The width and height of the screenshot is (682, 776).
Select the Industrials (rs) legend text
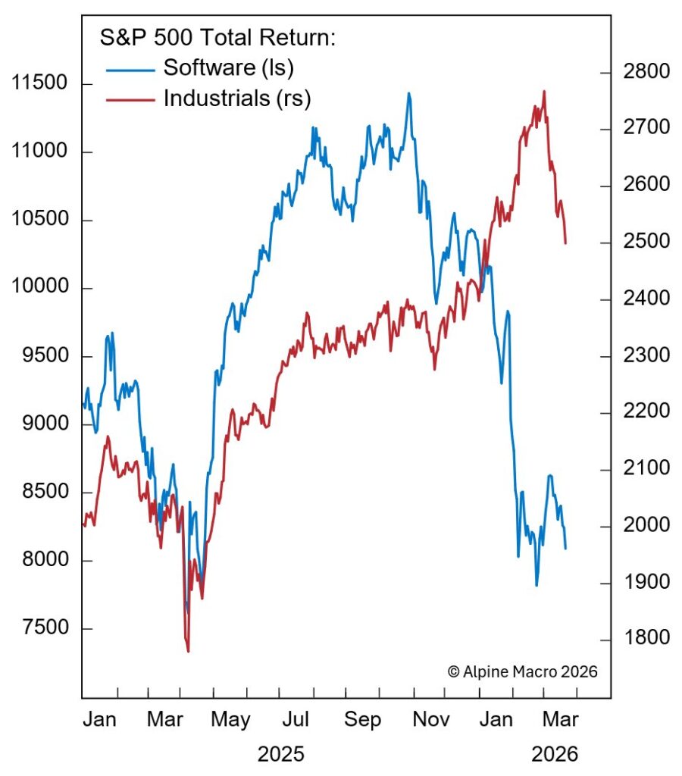(237, 98)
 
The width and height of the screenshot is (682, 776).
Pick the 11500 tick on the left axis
(42, 83)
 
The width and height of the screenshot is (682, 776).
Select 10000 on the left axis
(42, 289)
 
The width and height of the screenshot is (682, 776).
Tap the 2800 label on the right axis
(645, 72)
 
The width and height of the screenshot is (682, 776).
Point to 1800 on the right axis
(645, 638)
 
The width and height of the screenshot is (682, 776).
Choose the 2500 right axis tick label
(645, 242)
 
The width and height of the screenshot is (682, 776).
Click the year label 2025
(280, 755)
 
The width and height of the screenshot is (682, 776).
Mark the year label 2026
(555, 755)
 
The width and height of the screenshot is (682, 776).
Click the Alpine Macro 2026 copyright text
(523, 671)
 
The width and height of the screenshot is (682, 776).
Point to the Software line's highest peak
(409, 93)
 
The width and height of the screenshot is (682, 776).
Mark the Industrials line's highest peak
(544, 92)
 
